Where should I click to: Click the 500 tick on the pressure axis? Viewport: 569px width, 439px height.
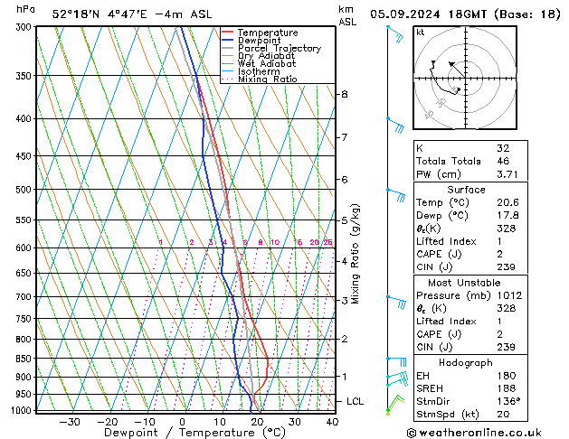[23, 190]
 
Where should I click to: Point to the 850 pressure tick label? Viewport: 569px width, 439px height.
[23, 359]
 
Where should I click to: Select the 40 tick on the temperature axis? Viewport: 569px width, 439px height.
[332, 421]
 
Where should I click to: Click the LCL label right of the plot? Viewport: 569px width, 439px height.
[356, 401]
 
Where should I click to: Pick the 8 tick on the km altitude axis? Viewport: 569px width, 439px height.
[344, 94]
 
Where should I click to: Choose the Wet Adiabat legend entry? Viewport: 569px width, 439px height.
[266, 64]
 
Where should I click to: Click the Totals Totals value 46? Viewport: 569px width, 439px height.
[501, 160]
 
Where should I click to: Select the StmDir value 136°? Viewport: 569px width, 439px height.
[507, 401]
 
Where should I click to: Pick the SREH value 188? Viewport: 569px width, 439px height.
[504, 388]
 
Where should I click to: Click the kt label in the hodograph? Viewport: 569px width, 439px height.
[421, 32]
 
